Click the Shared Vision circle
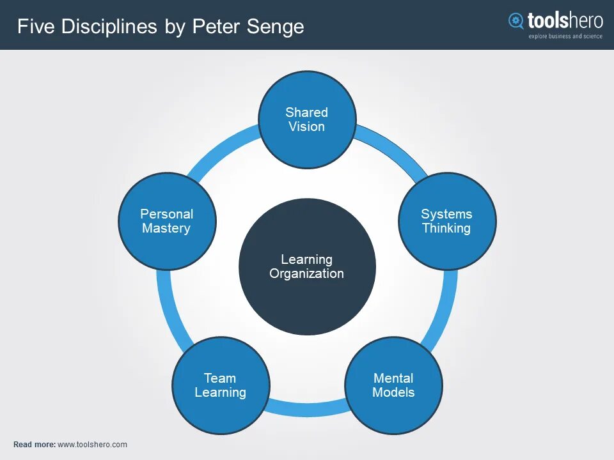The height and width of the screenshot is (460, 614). (307, 119)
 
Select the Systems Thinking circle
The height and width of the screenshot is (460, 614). (447, 221)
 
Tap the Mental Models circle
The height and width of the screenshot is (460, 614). (393, 385)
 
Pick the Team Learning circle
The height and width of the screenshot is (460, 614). (221, 385)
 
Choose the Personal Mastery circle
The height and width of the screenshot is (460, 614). (167, 221)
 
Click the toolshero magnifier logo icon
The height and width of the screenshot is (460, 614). (516, 21)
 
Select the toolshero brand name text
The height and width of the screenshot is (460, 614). (565, 20)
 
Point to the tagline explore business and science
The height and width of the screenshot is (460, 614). (565, 36)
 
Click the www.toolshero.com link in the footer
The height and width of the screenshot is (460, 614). (92, 445)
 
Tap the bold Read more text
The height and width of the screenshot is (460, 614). (34, 445)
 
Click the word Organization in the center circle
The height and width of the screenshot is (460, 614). (307, 274)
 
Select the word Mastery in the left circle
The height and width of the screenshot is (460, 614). (166, 228)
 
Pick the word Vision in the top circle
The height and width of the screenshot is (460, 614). (307, 126)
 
